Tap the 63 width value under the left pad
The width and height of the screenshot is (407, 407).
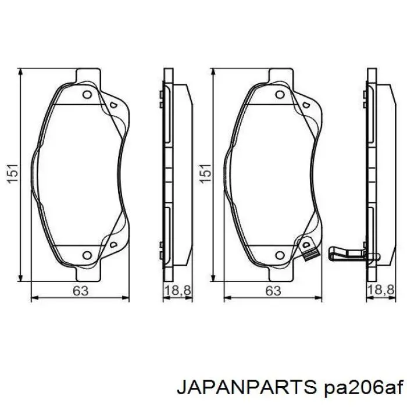coord(81,291)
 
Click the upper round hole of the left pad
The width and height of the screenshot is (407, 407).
coord(87,95)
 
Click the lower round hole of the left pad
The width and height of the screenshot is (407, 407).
coord(87,254)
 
